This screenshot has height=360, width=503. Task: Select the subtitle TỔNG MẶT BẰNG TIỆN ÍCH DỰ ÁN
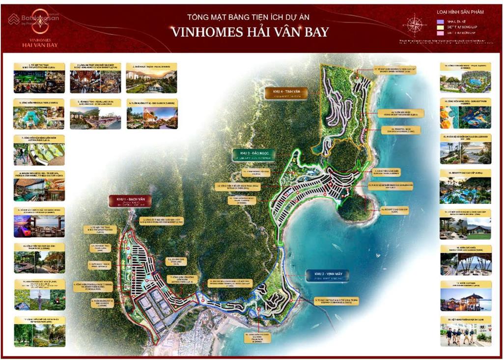[x=250, y=17]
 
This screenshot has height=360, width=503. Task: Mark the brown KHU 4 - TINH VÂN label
[x=286, y=93]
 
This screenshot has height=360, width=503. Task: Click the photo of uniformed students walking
[x=465, y=333]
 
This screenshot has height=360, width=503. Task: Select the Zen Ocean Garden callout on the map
[x=398, y=130]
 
